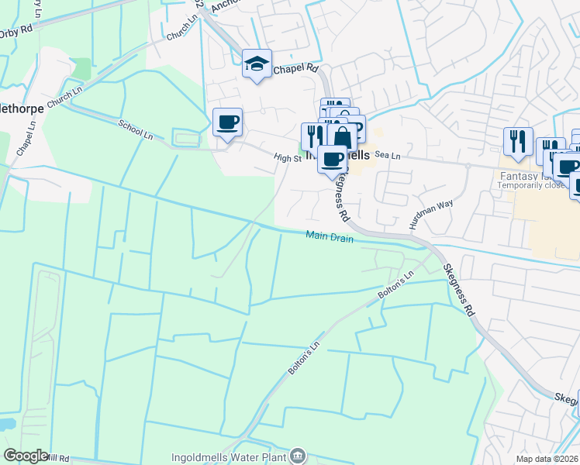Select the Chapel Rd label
(301, 68)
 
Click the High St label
(287, 157)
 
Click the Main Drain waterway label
(329, 236)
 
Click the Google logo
(26, 455)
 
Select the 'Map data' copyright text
(547, 459)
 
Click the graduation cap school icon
(257, 64)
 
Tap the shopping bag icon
(341, 137)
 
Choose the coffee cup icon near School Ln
(227, 122)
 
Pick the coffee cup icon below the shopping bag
(333, 159)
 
